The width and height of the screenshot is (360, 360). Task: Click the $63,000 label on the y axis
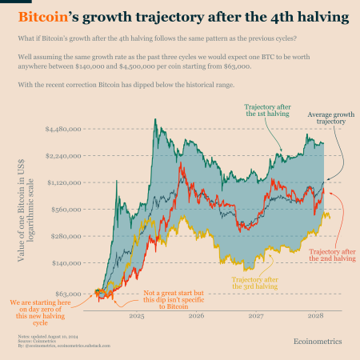click(70, 294)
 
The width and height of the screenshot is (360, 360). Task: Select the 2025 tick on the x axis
click(136, 316)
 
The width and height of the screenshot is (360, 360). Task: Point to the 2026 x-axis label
click(196, 316)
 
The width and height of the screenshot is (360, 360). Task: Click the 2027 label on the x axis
click(255, 316)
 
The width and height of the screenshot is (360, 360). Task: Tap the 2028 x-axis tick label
click(315, 316)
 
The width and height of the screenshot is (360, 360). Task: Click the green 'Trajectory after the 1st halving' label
click(266, 110)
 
